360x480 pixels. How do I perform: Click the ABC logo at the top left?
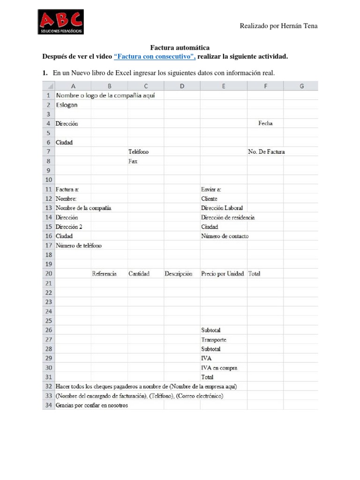click(x=61, y=22)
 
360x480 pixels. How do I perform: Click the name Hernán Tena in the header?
click(x=298, y=26)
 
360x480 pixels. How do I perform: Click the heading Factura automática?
click(x=180, y=48)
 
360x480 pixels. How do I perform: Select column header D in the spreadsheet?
click(x=182, y=86)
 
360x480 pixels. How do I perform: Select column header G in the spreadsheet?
click(x=301, y=86)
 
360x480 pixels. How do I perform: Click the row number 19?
click(x=48, y=264)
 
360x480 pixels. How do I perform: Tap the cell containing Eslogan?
click(x=67, y=105)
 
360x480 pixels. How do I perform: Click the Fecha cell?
click(x=265, y=124)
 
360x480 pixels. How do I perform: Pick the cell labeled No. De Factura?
click(x=266, y=152)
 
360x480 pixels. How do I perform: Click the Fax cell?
click(x=133, y=161)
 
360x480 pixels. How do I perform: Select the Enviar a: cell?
click(x=211, y=189)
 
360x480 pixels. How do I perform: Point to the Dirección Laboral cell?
click(x=222, y=208)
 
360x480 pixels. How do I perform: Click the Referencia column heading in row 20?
click(x=104, y=274)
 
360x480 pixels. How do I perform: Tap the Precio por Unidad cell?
click(x=223, y=274)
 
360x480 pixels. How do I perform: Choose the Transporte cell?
click(x=214, y=340)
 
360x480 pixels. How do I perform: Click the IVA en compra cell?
click(x=219, y=368)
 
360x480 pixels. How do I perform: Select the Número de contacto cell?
click(x=225, y=236)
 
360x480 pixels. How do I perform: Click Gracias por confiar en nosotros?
click(x=91, y=405)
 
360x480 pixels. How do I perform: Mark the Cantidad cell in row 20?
click(x=139, y=274)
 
